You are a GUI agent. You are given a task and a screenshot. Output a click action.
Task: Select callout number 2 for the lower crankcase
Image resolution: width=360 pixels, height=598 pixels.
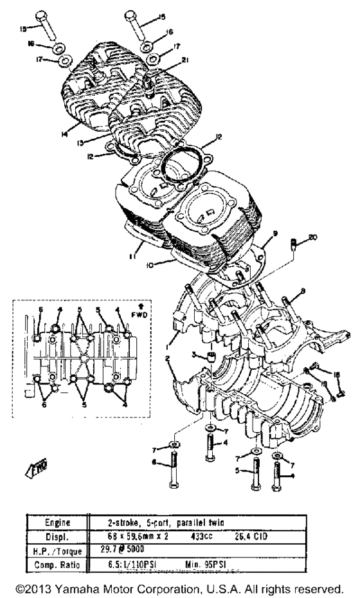tap(167, 358)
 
